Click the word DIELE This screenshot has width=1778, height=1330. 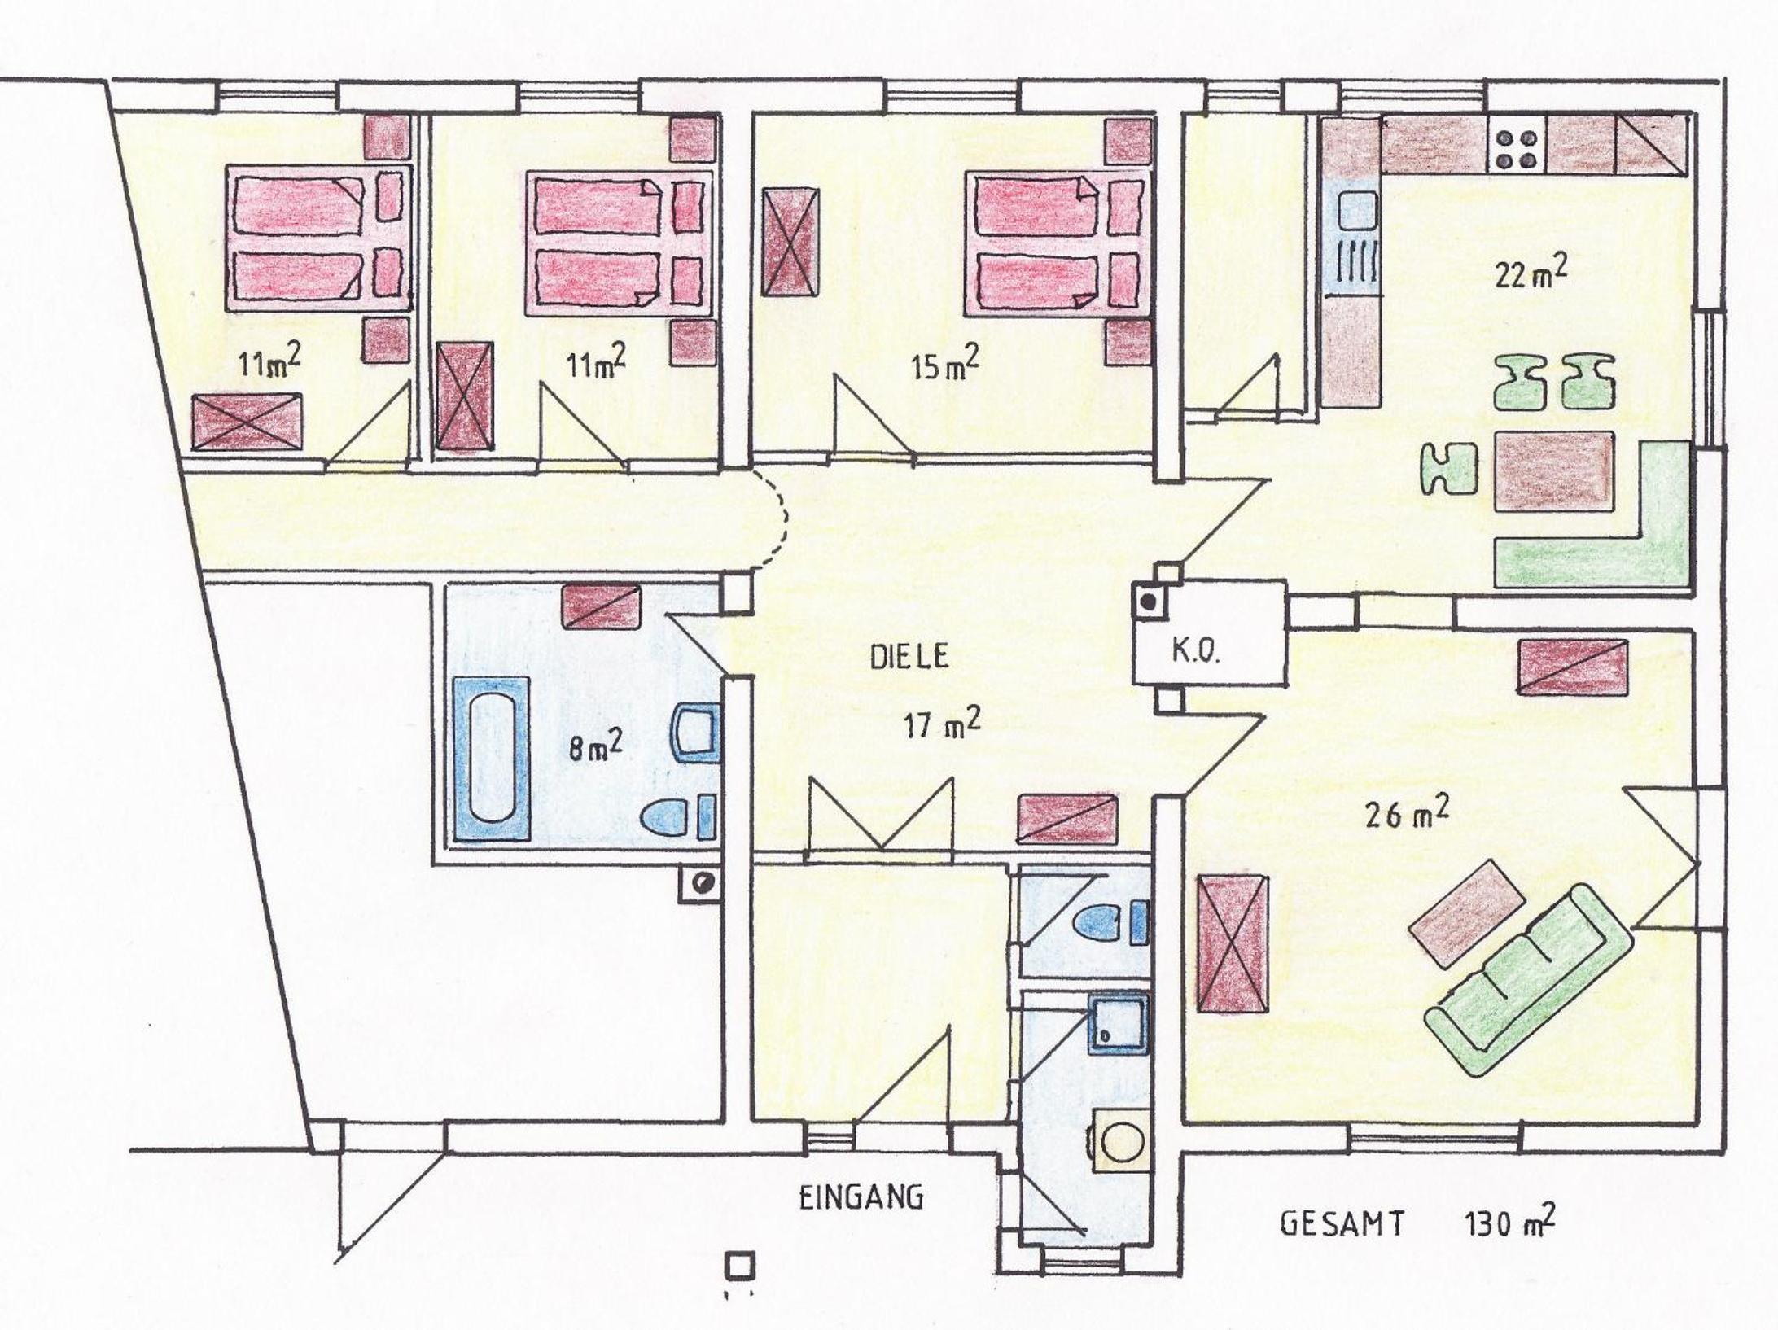910,657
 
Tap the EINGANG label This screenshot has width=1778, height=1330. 861,1198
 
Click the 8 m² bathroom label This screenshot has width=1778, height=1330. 595,745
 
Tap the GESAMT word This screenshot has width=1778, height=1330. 1343,1246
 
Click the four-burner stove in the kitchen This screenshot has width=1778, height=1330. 1517,147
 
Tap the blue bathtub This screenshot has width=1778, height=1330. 492,759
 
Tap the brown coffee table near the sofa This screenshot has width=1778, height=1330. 1469,915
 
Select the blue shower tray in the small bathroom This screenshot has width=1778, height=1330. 1119,1023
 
